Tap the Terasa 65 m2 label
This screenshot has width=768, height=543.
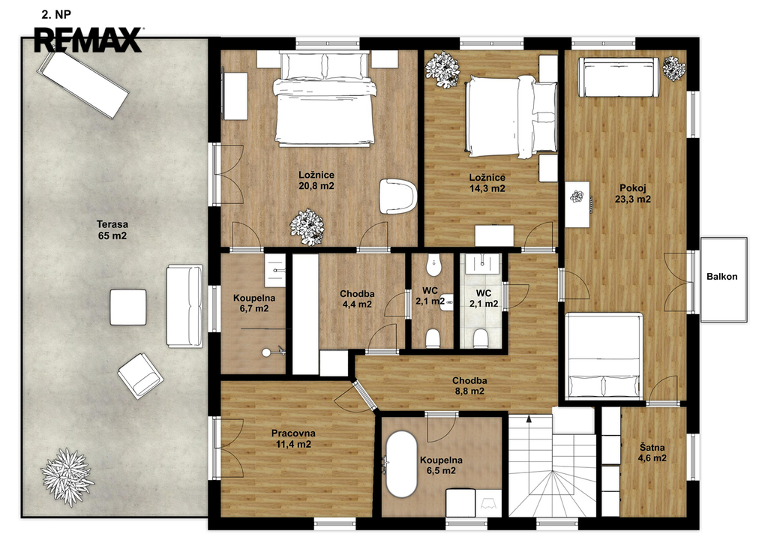[x=112, y=230]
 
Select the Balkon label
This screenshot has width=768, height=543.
[x=722, y=277]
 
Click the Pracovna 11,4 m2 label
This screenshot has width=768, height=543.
[x=293, y=439]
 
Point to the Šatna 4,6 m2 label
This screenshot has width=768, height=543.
[x=652, y=453]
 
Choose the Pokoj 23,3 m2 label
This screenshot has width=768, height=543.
[x=633, y=193]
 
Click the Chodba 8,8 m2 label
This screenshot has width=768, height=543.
[x=469, y=385]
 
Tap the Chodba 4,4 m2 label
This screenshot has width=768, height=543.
[x=357, y=299]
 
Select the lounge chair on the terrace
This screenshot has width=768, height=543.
[x=83, y=84]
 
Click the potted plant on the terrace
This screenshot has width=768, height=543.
[x=67, y=476]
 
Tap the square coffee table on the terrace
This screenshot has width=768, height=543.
[x=127, y=307]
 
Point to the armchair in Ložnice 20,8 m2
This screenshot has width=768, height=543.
[x=397, y=196]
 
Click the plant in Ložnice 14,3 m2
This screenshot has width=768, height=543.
[x=442, y=70]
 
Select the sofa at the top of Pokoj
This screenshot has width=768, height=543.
[x=618, y=77]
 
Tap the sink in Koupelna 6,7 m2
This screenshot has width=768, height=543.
[x=276, y=270]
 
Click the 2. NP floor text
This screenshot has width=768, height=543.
[x=56, y=15]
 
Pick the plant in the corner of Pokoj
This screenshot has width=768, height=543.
[x=674, y=68]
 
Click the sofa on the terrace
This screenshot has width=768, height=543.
[x=184, y=306]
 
